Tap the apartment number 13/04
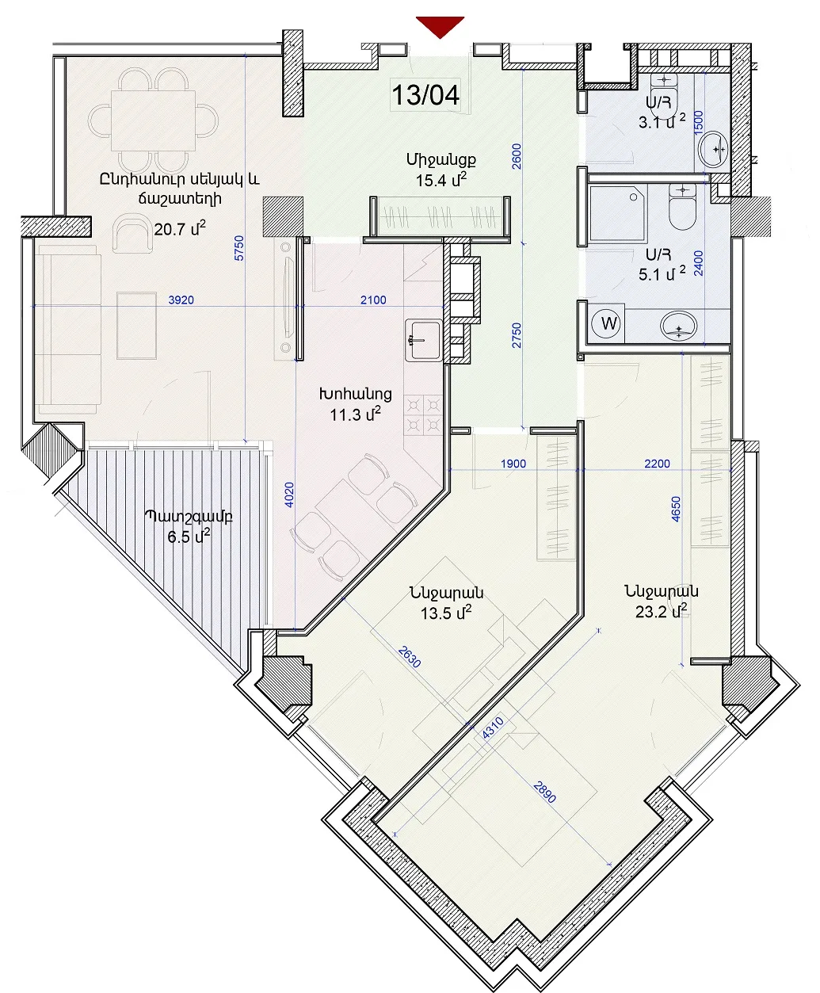(x=425, y=94)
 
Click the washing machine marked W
(x=608, y=323)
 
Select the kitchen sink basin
(x=423, y=340)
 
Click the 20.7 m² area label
(x=180, y=229)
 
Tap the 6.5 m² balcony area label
(x=189, y=537)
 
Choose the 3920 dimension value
(x=181, y=300)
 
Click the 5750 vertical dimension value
(x=239, y=247)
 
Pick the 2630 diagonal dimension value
(x=410, y=656)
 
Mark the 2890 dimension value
(x=544, y=792)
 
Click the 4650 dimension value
(x=676, y=509)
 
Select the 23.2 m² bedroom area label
(x=662, y=611)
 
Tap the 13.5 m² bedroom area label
(x=446, y=613)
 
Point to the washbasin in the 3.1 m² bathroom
(x=714, y=149)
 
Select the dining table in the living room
(x=153, y=120)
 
